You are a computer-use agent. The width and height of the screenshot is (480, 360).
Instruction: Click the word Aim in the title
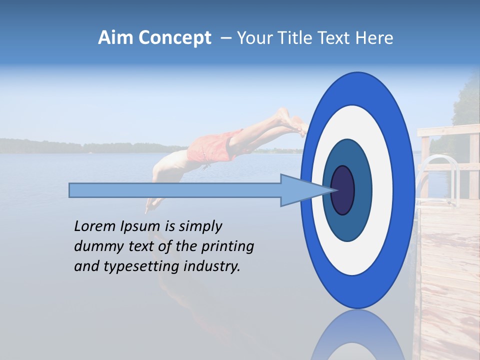(115, 38)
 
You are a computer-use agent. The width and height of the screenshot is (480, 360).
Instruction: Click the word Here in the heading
(374, 38)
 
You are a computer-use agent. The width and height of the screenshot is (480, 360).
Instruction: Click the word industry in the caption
(212, 266)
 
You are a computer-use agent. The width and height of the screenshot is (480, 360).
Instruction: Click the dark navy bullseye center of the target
(343, 190)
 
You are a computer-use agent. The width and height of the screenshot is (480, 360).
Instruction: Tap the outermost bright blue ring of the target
(405, 190)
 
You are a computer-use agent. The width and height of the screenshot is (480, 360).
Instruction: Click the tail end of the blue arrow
(71, 190)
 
